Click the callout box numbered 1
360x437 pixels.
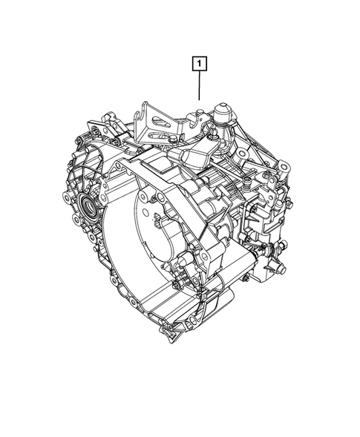coord(198,64)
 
